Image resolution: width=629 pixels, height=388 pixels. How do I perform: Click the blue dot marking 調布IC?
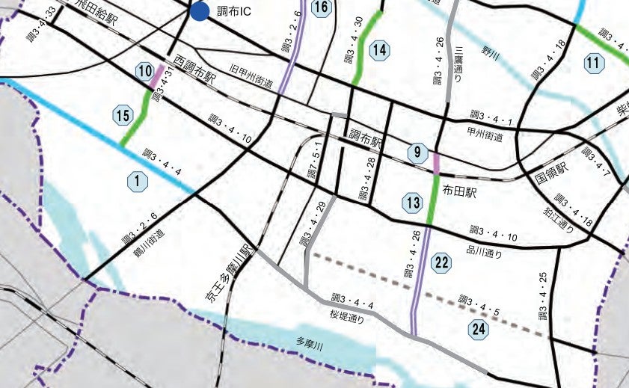point(199,11)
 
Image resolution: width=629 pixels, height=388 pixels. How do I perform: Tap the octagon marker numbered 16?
point(321,8)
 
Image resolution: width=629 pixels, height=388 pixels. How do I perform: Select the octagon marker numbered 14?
point(380,50)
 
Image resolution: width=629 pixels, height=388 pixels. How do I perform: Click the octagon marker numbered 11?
point(594,64)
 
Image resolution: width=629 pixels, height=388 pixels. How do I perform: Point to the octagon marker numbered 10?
point(145,72)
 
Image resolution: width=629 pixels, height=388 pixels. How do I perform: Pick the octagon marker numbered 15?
point(123,115)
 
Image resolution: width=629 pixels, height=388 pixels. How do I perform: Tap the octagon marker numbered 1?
point(137,180)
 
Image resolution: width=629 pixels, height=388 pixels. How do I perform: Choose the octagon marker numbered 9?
point(417,153)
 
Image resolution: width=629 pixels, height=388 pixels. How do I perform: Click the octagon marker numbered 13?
point(413,202)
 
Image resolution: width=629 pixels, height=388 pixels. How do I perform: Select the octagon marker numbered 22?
point(442,262)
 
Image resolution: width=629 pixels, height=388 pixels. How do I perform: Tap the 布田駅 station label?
point(460,191)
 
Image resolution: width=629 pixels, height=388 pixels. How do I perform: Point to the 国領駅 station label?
point(552,173)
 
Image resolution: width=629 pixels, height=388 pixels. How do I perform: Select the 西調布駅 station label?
point(194,69)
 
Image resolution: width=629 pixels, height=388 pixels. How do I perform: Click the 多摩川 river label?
point(309,346)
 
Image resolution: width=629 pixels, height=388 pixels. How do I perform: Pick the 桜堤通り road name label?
point(347,318)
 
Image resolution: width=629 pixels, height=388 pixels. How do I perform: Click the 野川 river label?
point(490,52)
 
